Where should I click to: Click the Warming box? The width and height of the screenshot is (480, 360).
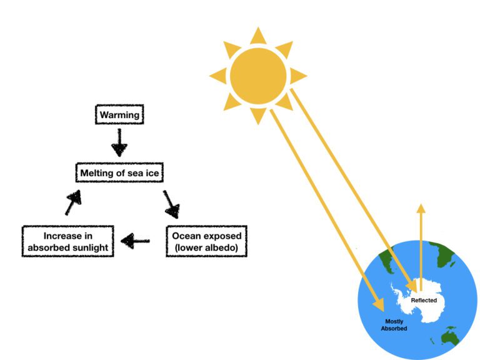[119, 116]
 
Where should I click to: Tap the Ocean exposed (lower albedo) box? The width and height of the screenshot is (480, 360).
[206, 242]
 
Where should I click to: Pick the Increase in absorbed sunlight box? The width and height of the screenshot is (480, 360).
[68, 242]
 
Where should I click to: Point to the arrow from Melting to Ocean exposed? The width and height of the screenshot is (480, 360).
[171, 202]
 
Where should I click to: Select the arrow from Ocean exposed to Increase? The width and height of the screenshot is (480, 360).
[135, 241]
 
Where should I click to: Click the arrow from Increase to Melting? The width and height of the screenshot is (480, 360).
[73, 203]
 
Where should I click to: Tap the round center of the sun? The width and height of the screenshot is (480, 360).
[258, 76]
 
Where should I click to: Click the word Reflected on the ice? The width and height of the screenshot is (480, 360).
[424, 301]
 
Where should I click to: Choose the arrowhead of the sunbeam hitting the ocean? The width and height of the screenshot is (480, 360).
[377, 304]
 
